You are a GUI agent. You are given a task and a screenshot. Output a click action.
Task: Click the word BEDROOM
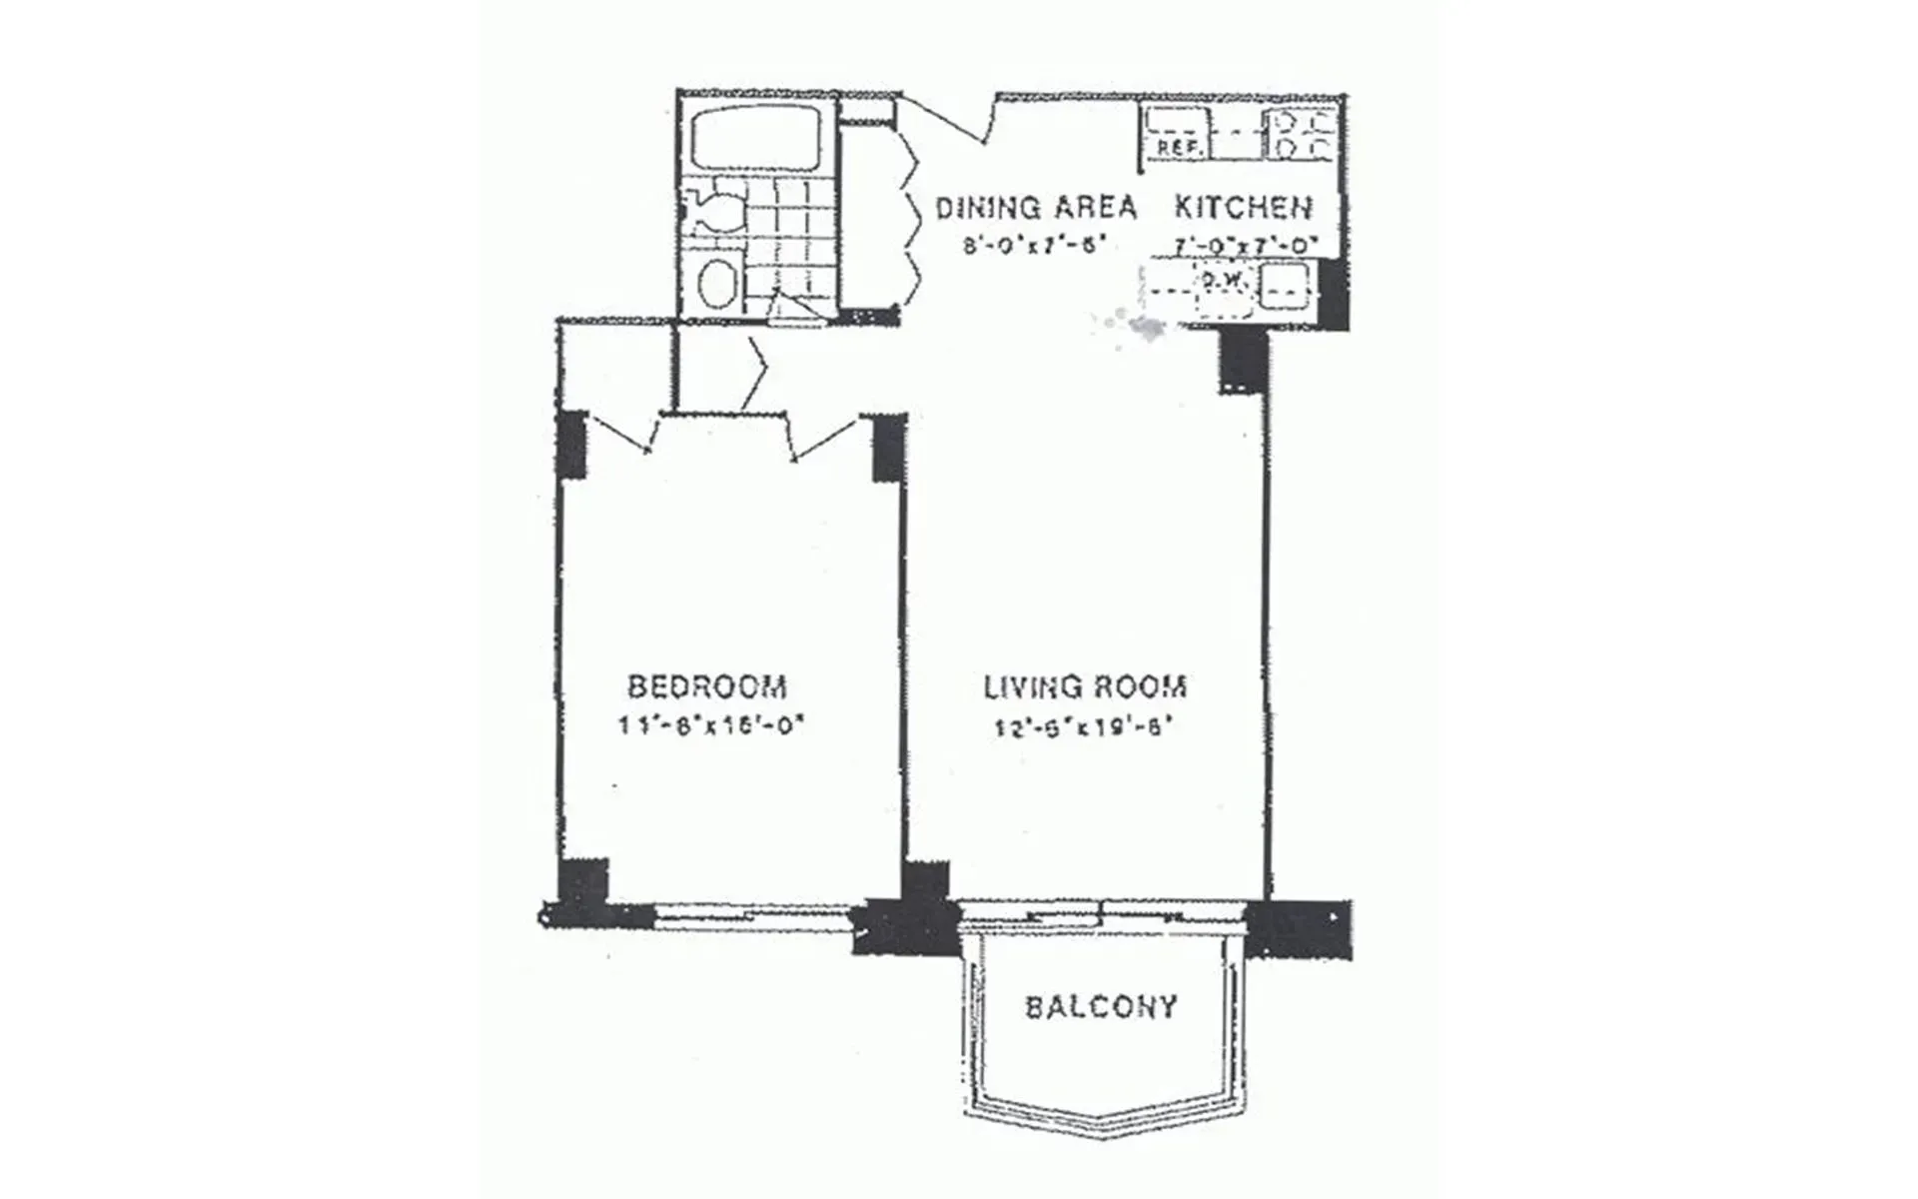pos(707,686)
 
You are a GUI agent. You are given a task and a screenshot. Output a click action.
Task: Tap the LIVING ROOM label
pos(1086,686)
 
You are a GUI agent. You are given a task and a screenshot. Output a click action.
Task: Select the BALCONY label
pos(1102,1005)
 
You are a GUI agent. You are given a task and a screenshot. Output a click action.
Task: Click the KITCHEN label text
pos(1243,207)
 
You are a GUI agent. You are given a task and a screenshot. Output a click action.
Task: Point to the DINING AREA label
pos(1036,207)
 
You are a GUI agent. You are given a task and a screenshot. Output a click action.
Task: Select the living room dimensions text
pos(1083,726)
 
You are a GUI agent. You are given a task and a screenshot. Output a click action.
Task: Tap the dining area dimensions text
pos(1034,245)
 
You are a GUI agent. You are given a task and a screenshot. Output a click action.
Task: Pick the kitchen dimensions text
pos(1246,245)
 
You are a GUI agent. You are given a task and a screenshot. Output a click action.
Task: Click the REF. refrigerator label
pos(1175,147)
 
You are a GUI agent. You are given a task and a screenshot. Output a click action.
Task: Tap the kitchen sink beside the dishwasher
pos(1285,287)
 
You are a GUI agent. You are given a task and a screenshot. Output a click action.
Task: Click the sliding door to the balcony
pos(1102,913)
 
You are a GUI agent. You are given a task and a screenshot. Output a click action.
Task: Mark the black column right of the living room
pos(1243,360)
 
